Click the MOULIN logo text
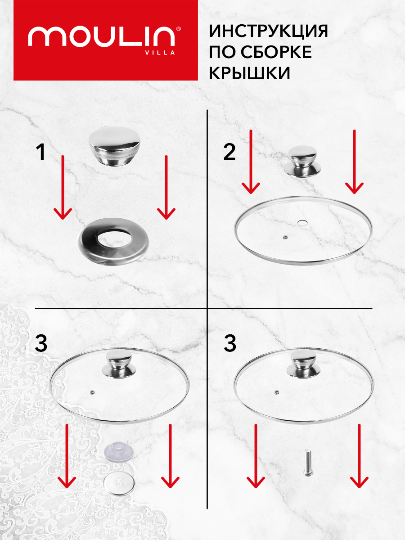point(102,36)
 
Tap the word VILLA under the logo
point(160,53)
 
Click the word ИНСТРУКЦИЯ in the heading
point(268,31)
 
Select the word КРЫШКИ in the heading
point(249,73)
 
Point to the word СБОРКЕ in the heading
point(276,52)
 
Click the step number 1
point(40,152)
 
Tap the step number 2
point(229,152)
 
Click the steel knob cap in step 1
point(115,146)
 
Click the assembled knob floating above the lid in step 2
point(303,161)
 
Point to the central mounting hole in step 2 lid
point(302,222)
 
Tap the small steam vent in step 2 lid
point(285,237)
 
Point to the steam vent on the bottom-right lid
point(277,392)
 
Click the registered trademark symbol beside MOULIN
point(179,29)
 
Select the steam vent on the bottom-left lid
point(93,392)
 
